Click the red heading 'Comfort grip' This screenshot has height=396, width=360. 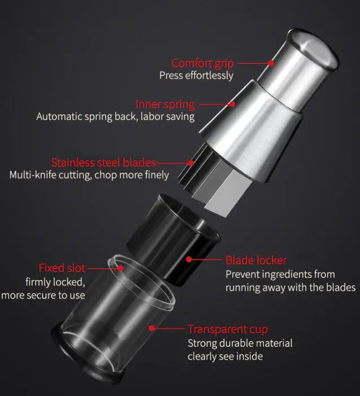coord(202,63)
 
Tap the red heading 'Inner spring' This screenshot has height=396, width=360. coord(165,104)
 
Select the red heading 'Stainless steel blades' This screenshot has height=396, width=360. coord(103,163)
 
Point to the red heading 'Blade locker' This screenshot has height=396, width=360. coord(256,260)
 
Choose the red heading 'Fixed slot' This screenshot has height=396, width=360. coord(62,268)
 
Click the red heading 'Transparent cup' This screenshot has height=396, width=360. coord(228,330)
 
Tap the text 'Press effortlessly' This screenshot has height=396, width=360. coord(196,75)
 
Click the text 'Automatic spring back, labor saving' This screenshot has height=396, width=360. coord(115,117)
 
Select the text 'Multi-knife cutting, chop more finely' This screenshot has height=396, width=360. coord(89,175)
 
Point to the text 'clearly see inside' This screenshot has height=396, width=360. coord(225,356)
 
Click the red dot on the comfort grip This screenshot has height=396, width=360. coord(271,63)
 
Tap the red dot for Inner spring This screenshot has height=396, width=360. coord(232,104)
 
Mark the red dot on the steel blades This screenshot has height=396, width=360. coord(190,163)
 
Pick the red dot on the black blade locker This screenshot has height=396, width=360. coord(189,259)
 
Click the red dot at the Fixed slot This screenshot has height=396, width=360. coord(120,268)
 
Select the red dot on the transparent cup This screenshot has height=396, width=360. coord(151,328)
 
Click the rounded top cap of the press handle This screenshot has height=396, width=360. coord(313,49)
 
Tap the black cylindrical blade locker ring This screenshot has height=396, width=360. coord(174,240)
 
